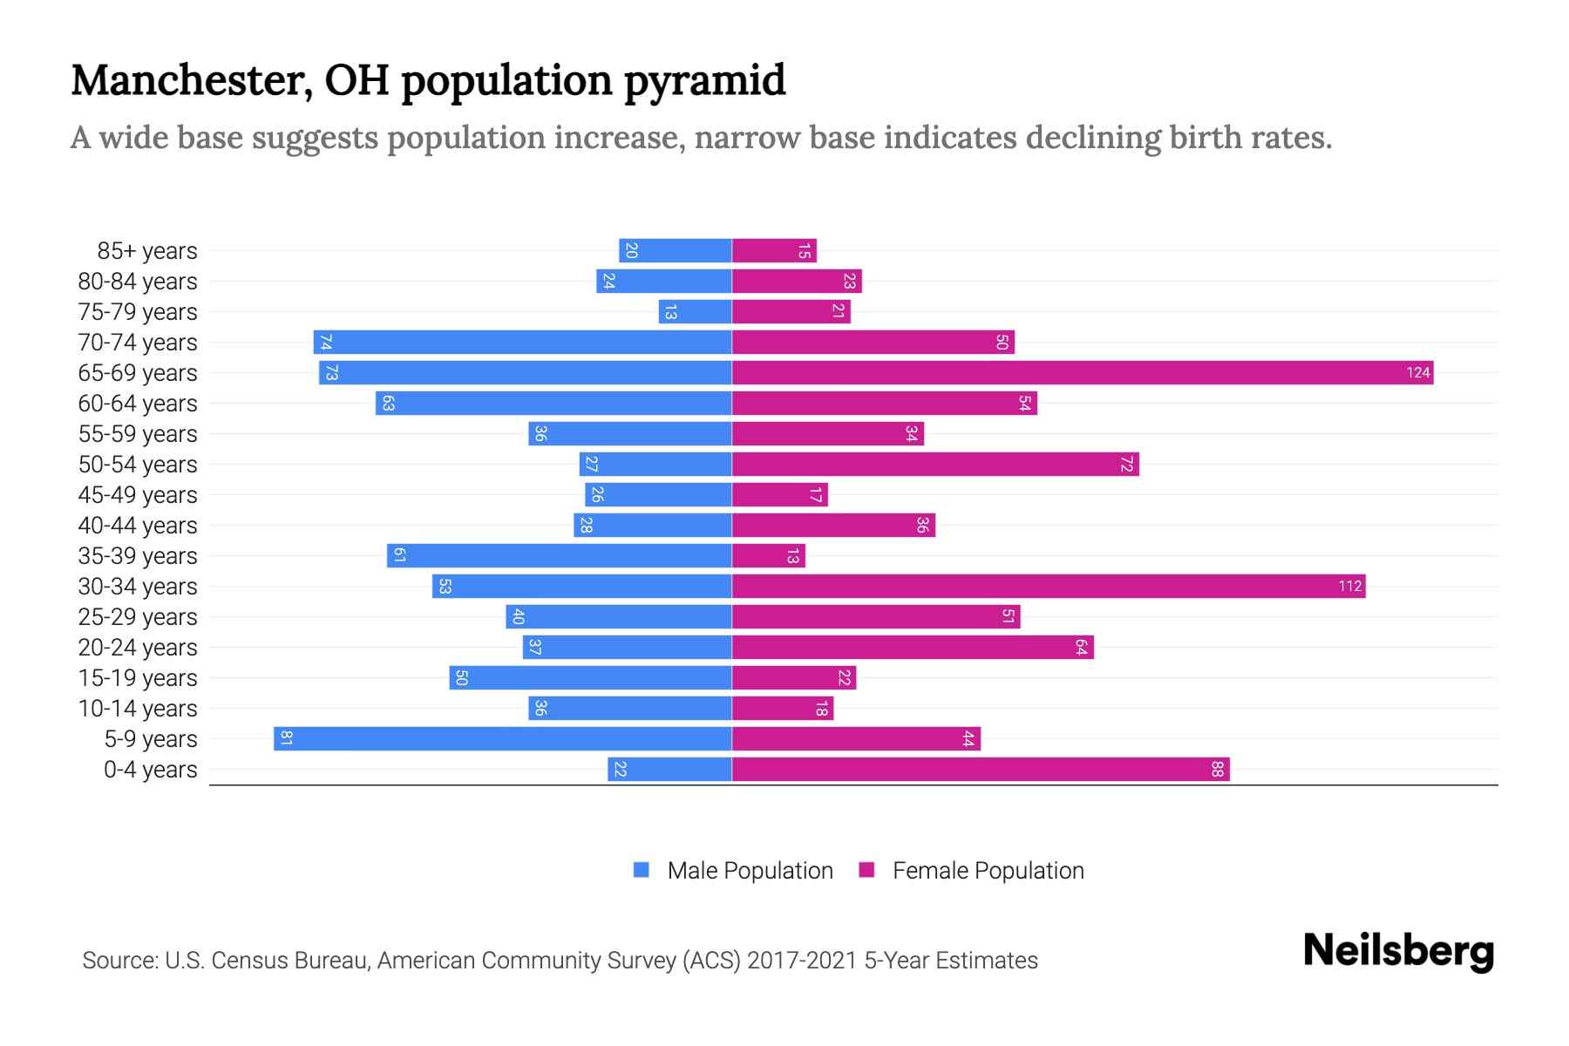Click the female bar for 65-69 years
click(x=1081, y=373)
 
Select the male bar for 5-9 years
click(x=502, y=739)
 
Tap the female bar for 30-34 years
click(x=1046, y=587)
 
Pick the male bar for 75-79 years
click(x=695, y=312)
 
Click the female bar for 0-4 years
click(x=980, y=770)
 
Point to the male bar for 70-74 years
click(x=523, y=343)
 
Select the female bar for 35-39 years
click(x=768, y=556)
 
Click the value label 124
click(x=1417, y=373)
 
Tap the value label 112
click(x=1349, y=587)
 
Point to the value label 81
click(x=286, y=739)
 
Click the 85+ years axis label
click(x=147, y=251)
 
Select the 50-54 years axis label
click(x=138, y=465)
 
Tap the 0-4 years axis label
click(x=150, y=770)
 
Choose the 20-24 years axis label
click(x=138, y=648)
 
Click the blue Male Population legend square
click(x=642, y=870)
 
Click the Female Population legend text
click(x=988, y=871)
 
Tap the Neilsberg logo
click(x=1398, y=951)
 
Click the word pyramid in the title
click(x=704, y=81)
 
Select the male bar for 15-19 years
click(x=590, y=678)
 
